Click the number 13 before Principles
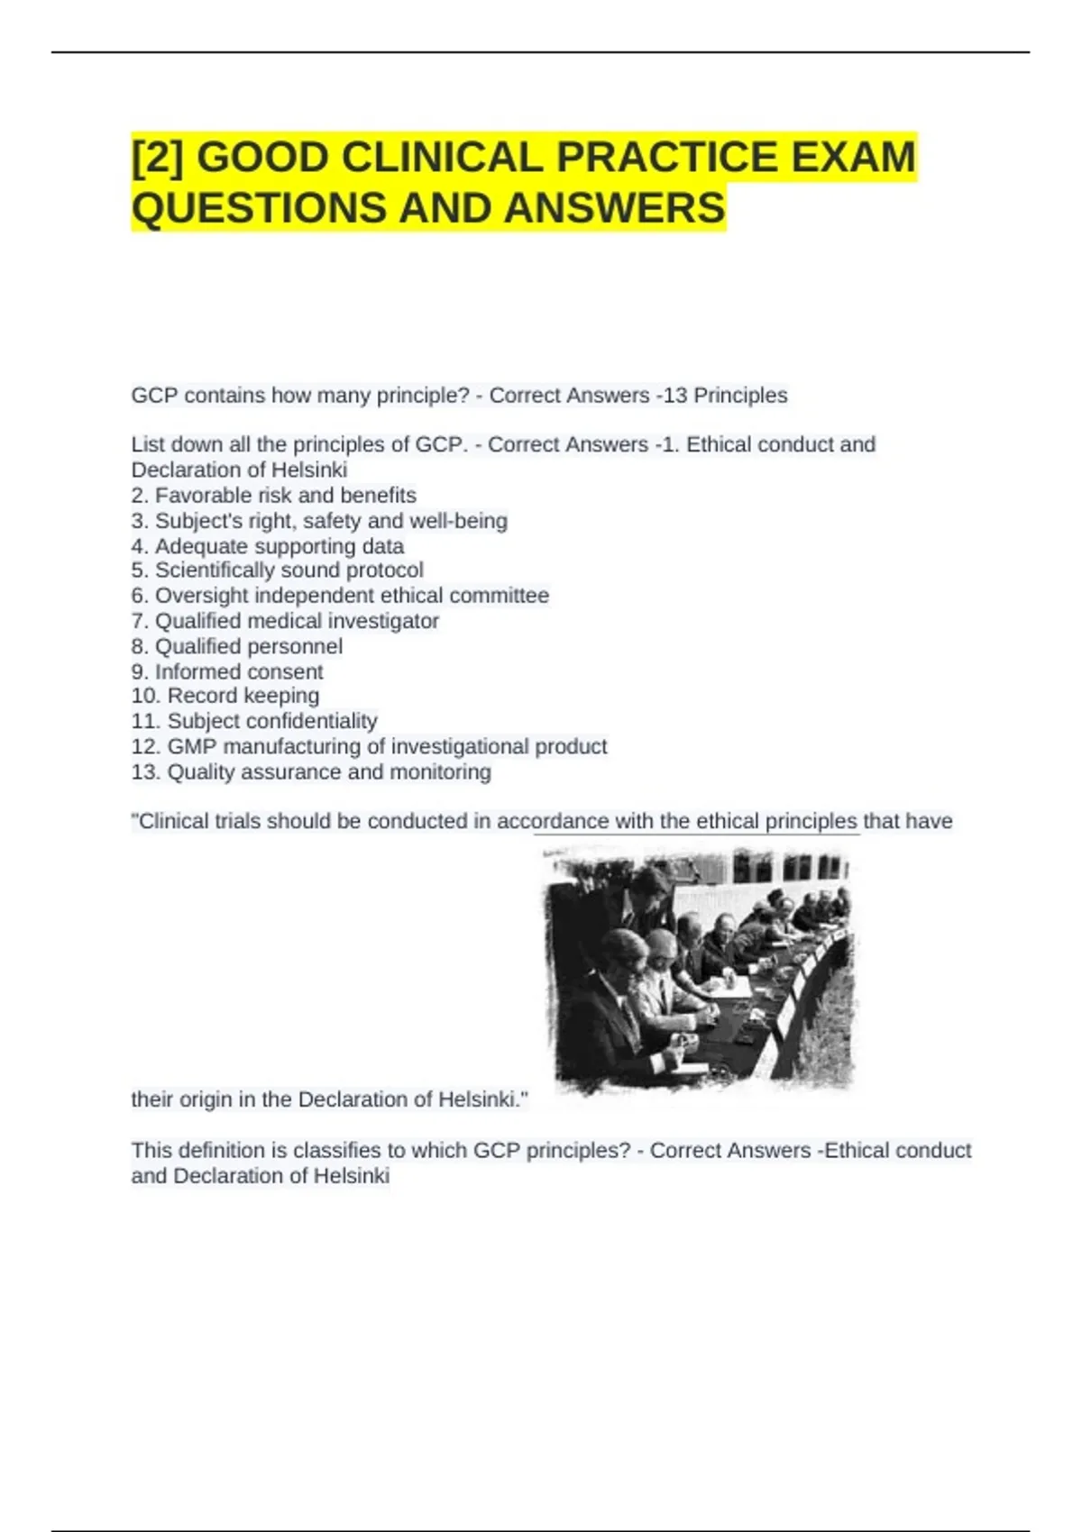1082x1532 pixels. (675, 396)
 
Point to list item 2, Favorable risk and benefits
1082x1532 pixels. (274, 496)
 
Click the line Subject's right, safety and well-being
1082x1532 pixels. (319, 521)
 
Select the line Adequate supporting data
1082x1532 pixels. (268, 546)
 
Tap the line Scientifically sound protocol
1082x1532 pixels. (278, 570)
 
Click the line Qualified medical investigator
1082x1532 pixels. (285, 621)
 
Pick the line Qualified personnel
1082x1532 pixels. (237, 646)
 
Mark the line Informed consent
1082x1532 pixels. (227, 671)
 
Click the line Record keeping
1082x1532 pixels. (225, 696)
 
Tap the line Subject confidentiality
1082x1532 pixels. (254, 721)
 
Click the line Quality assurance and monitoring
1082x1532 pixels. (311, 772)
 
